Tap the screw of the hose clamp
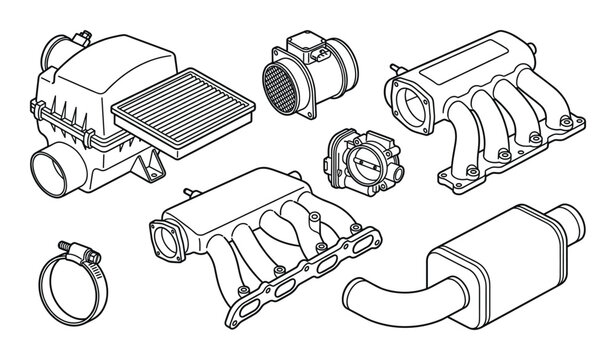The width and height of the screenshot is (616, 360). coord(70,245)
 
